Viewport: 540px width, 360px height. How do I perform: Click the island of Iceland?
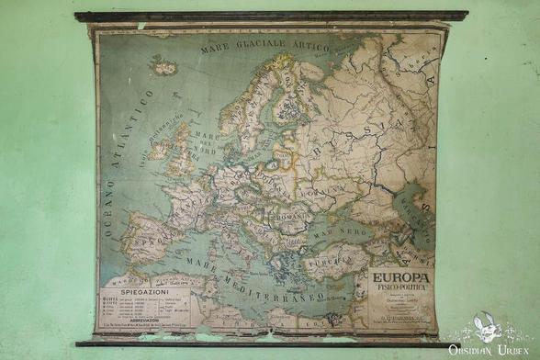click(164, 65)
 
